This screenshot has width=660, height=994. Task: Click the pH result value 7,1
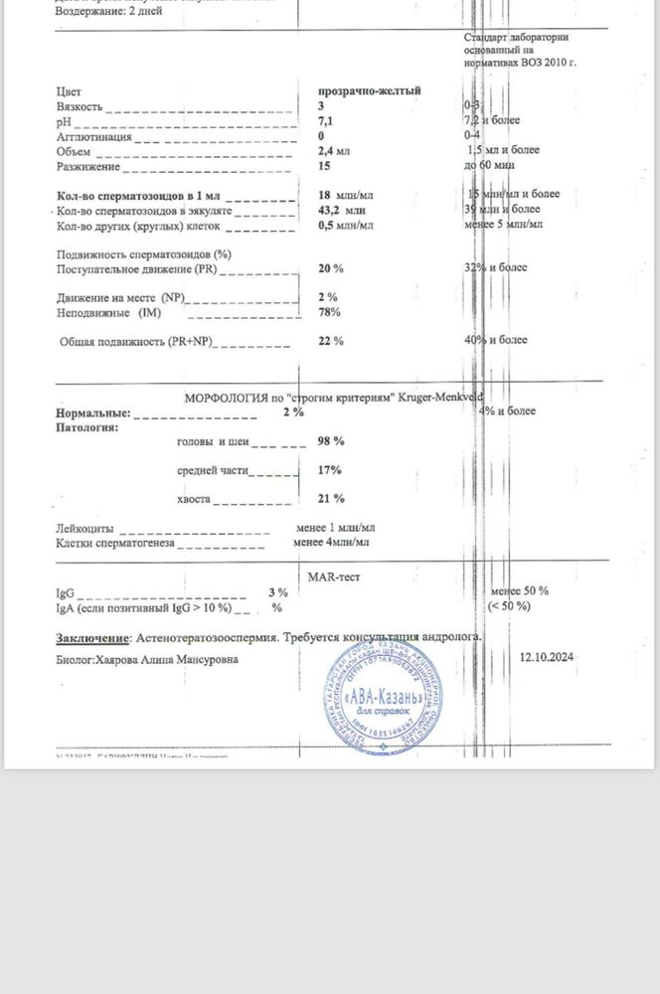pyautogui.click(x=324, y=120)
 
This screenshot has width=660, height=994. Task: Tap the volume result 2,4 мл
pyautogui.click(x=333, y=151)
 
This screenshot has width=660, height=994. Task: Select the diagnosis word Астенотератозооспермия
pyautogui.click(x=210, y=636)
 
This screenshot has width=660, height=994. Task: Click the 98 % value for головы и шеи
pyautogui.click(x=330, y=440)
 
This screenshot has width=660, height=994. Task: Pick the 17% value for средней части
pyautogui.click(x=330, y=469)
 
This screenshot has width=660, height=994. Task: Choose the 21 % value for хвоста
pyautogui.click(x=330, y=498)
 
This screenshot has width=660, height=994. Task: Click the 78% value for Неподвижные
pyautogui.click(x=329, y=312)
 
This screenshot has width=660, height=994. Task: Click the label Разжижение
pyautogui.click(x=87, y=166)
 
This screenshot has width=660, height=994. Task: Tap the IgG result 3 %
pyautogui.click(x=277, y=591)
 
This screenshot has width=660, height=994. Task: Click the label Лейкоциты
pyautogui.click(x=83, y=529)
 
